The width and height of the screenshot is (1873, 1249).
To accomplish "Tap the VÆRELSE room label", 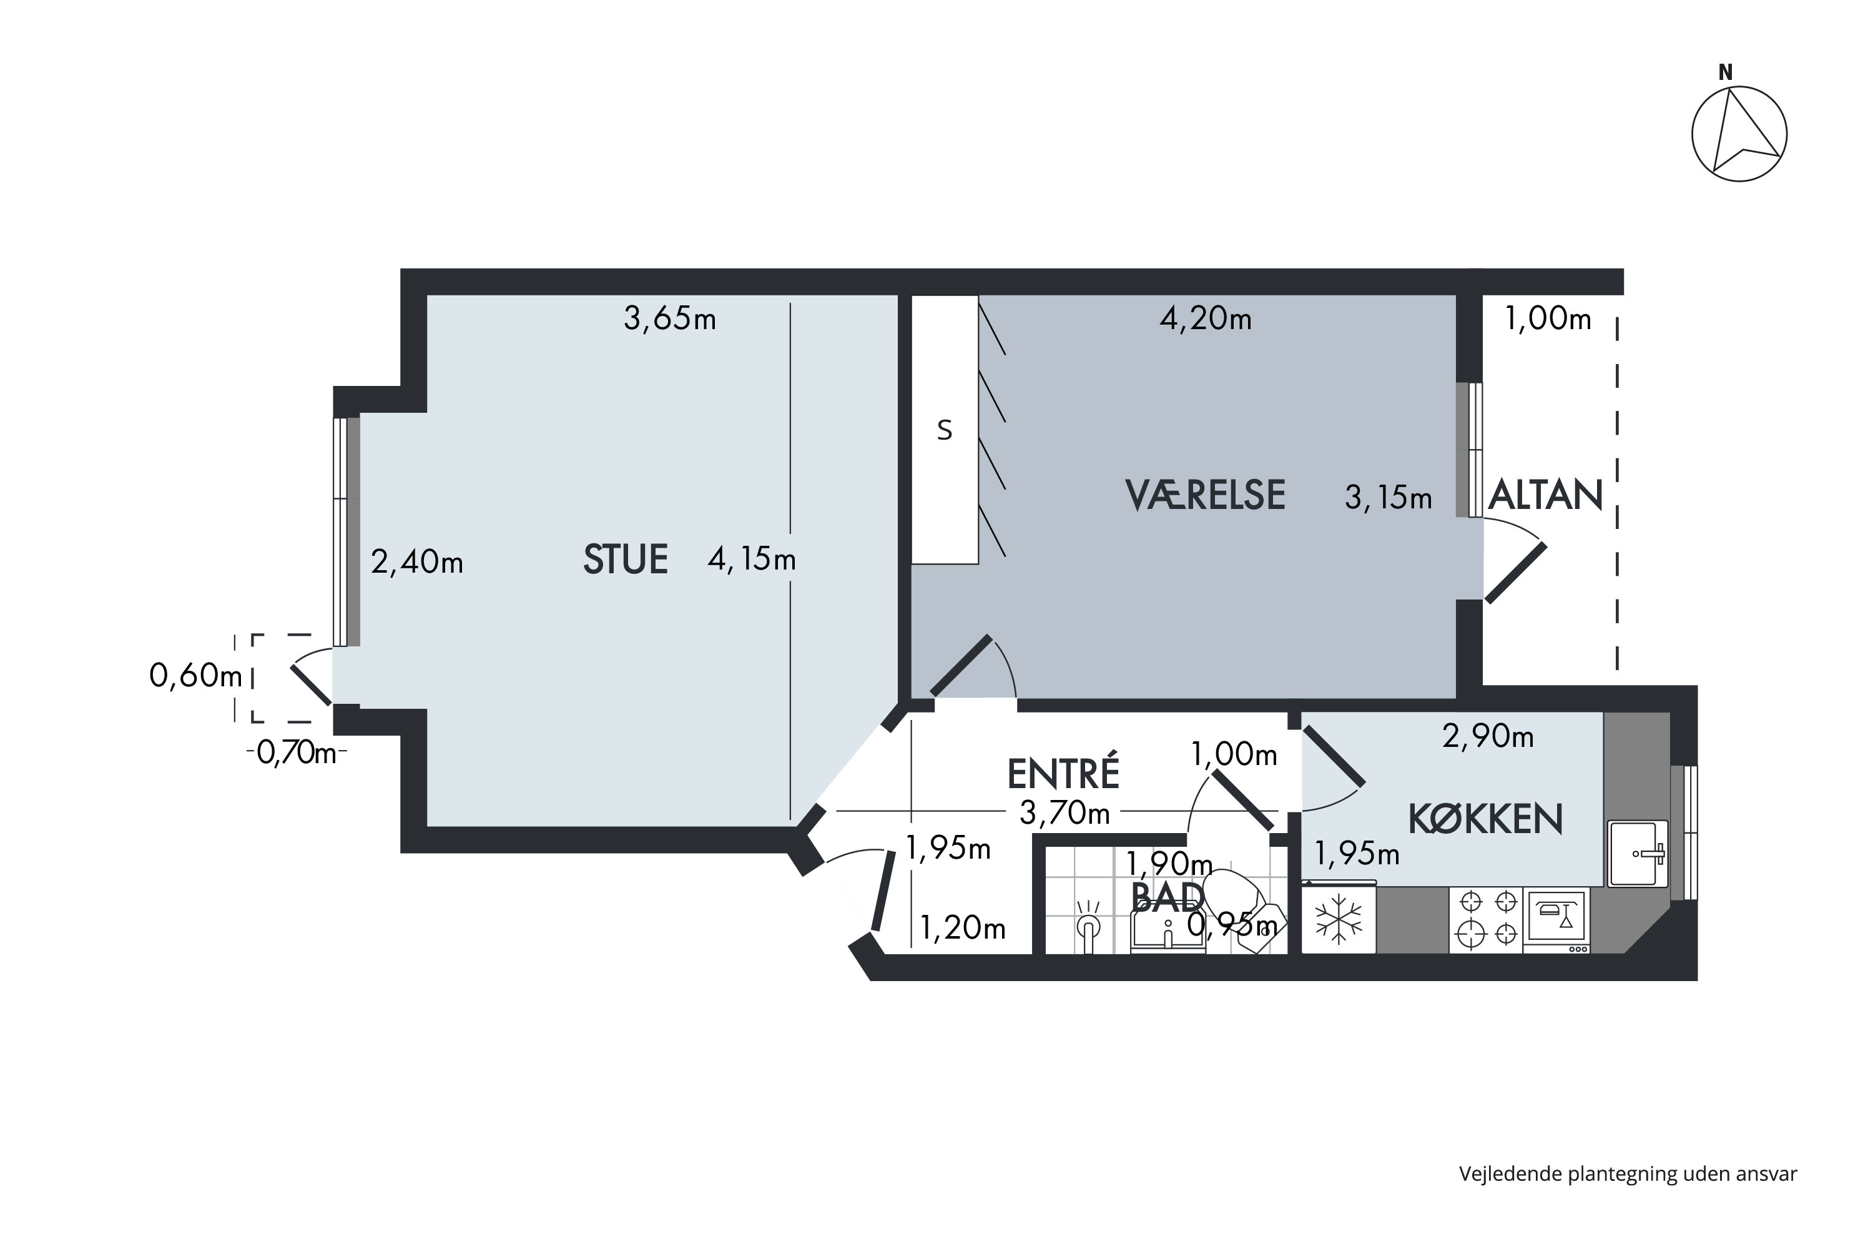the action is point(1205,495).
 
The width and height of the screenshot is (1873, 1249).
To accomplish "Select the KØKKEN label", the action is point(1485,819).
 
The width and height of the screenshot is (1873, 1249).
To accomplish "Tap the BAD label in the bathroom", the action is point(1168,899).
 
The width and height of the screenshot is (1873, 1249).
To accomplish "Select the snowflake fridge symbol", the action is point(1339,920).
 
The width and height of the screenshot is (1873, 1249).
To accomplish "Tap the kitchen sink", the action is point(1637,853).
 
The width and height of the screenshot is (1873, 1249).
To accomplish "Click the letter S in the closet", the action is point(945,431).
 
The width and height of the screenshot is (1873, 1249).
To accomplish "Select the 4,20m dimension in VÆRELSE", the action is point(1205,318).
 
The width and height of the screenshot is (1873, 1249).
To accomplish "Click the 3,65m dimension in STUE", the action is point(670,318).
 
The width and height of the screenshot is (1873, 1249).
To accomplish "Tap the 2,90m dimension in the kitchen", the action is point(1488,737).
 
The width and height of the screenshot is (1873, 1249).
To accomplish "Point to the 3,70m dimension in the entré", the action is point(1064,813).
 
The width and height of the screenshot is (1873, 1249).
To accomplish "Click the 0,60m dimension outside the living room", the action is point(196,676).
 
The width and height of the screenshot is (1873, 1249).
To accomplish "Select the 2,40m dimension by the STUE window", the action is point(417,563).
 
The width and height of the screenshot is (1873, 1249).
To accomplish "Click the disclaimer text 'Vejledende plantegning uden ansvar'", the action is point(1628,1174).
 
